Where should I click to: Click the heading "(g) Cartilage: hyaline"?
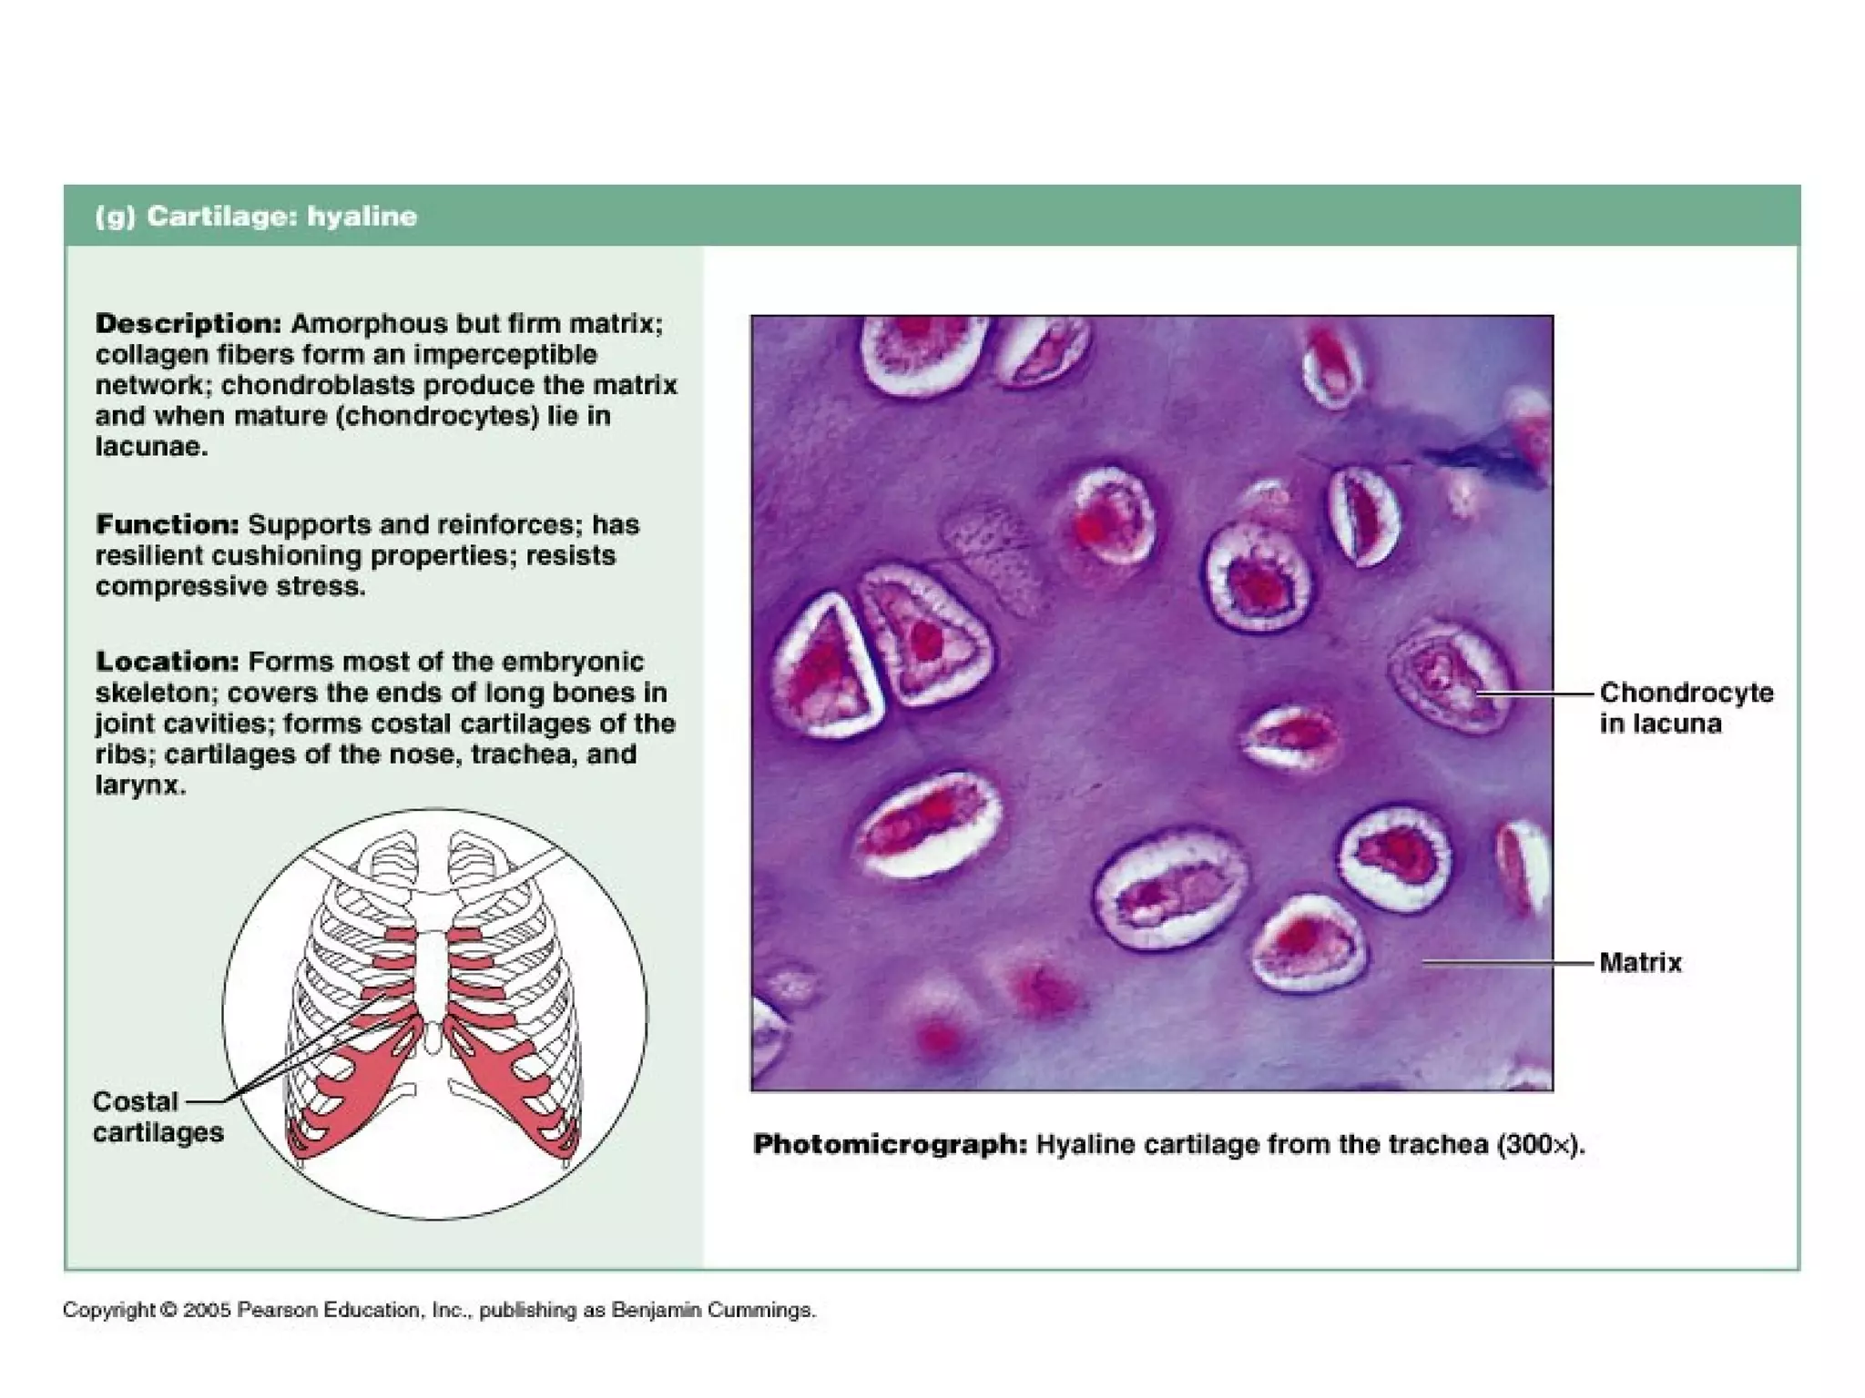[256, 217]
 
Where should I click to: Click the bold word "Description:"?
[189, 324]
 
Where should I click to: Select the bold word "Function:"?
[168, 525]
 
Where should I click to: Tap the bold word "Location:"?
[168, 662]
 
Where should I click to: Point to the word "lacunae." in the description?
[151, 447]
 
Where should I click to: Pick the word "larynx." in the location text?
[140, 785]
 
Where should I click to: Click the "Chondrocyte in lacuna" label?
[1686, 708]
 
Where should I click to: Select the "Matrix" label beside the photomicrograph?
[1640, 962]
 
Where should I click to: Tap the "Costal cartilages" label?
[157, 1117]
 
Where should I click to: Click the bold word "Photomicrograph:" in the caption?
[890, 1145]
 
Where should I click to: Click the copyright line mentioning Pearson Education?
[439, 1311]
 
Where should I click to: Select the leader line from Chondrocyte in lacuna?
[1539, 694]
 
